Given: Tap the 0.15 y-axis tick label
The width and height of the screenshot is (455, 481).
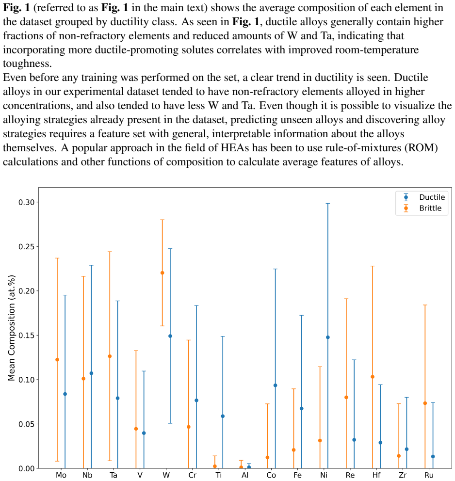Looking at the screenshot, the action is pyautogui.click(x=26, y=335).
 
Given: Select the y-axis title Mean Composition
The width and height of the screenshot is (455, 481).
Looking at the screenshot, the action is pyautogui.click(x=11, y=328).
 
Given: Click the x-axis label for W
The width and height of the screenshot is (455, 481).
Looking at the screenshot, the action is pyautogui.click(x=166, y=475).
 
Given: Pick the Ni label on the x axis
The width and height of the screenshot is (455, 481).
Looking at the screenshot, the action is pyautogui.click(x=324, y=475).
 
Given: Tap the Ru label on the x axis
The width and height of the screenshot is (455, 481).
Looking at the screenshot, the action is pyautogui.click(x=429, y=475).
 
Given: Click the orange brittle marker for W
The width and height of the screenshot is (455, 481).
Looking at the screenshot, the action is pyautogui.click(x=162, y=273).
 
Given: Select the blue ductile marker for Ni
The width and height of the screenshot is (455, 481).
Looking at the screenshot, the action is pyautogui.click(x=328, y=337).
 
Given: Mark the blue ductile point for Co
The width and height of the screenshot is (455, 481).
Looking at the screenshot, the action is pyautogui.click(x=275, y=385).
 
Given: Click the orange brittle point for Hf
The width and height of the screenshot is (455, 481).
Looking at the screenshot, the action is pyautogui.click(x=373, y=377).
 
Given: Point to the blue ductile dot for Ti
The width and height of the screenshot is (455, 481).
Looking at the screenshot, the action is pyautogui.click(x=223, y=417).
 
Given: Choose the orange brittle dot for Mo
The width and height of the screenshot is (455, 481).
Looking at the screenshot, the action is pyautogui.click(x=57, y=360).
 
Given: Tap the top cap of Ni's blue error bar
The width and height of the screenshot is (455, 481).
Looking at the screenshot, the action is pyautogui.click(x=328, y=203).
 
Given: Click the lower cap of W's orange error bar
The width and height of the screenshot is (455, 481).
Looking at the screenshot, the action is pyautogui.click(x=162, y=326).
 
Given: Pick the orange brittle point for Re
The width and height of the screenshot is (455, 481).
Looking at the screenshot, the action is pyautogui.click(x=346, y=398).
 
